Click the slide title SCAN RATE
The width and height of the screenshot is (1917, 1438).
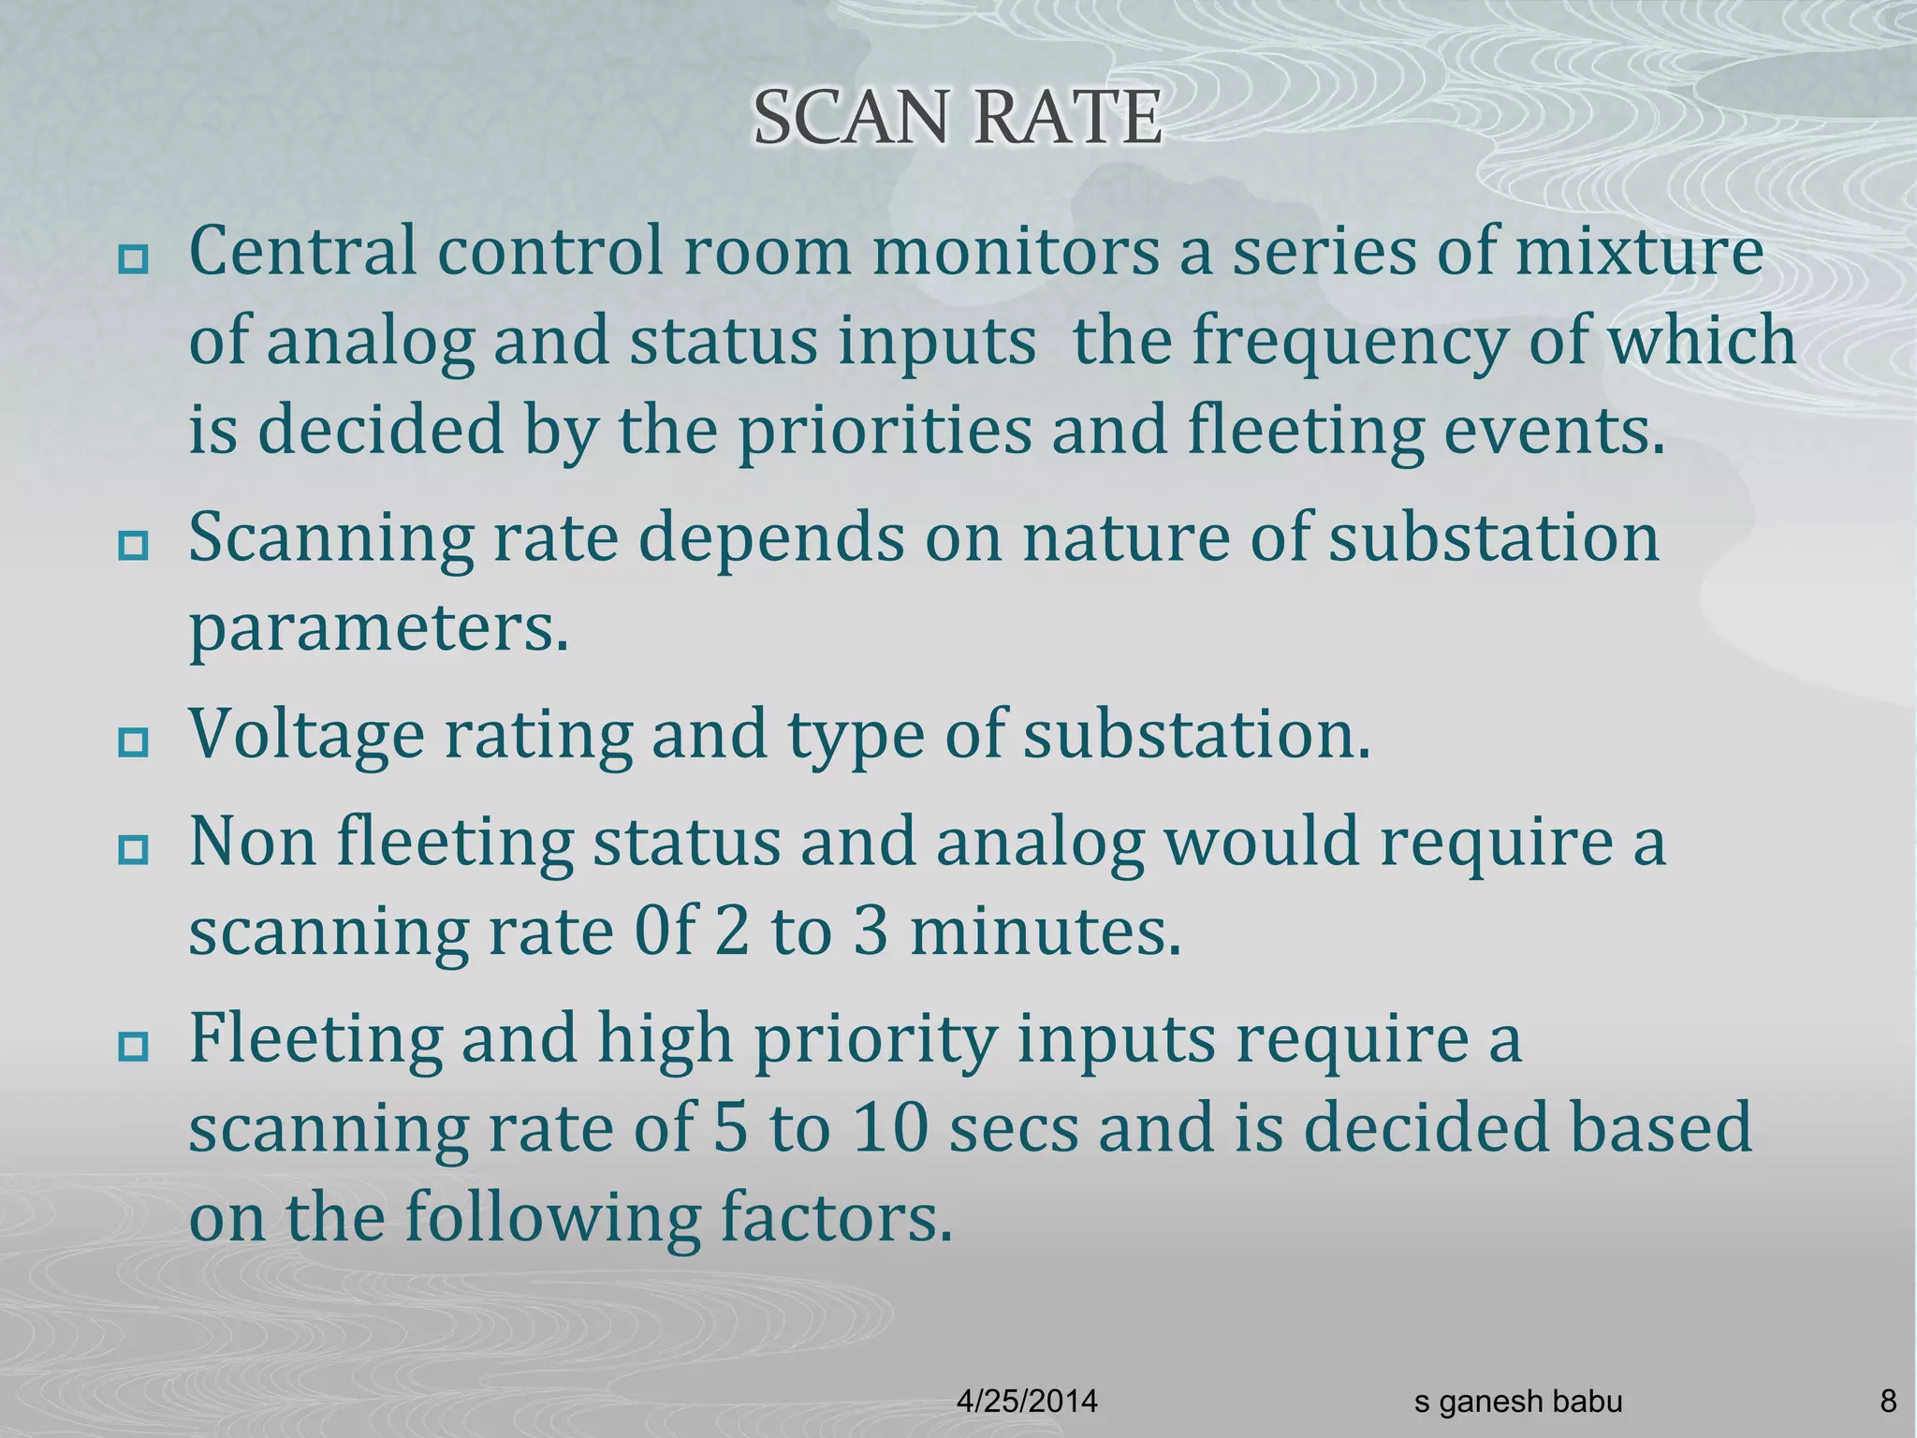click(958, 119)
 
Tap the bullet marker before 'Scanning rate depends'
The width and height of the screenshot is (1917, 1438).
click(133, 545)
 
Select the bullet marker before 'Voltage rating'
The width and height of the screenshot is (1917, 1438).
click(133, 742)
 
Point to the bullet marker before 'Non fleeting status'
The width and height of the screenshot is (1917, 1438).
click(133, 849)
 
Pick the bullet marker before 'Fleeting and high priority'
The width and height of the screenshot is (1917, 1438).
click(133, 1046)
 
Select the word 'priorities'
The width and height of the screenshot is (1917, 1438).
click(885, 431)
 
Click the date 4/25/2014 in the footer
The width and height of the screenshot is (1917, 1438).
click(1027, 1401)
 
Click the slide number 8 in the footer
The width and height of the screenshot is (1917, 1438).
click(1888, 1401)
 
